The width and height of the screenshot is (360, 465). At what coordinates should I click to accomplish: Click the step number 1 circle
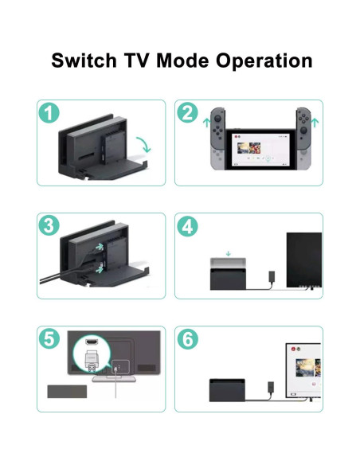click(x=49, y=113)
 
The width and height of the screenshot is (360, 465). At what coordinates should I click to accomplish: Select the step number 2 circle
click(x=187, y=113)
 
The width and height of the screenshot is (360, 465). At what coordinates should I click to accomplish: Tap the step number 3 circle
click(x=49, y=226)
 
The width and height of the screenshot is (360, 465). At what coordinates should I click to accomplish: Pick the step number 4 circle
click(x=187, y=226)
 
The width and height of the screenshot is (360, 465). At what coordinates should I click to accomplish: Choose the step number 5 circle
click(x=49, y=339)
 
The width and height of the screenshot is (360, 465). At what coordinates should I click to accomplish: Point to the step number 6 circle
click(x=187, y=339)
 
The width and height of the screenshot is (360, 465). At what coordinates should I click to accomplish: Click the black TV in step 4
click(x=304, y=260)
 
